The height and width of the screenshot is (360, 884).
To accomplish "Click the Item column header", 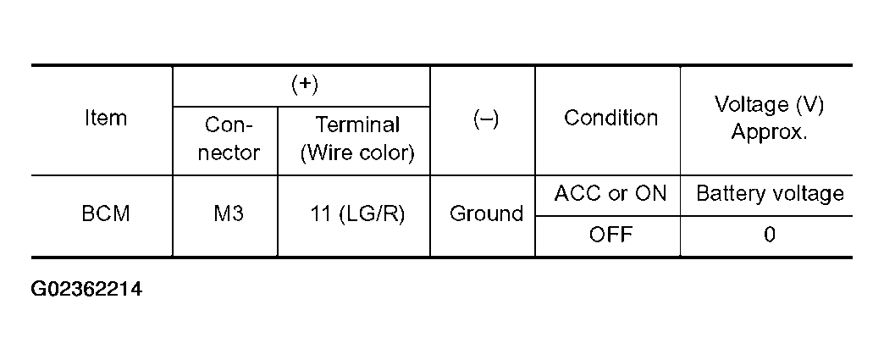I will [x=106, y=119].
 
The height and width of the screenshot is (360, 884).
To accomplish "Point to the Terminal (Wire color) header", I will [x=357, y=139].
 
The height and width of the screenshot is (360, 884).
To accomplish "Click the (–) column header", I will [x=484, y=119].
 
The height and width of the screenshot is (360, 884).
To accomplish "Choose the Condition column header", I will [x=611, y=118].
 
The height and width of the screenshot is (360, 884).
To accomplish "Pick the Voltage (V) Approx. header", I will [x=769, y=119].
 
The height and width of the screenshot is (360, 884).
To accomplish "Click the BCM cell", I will [x=106, y=214].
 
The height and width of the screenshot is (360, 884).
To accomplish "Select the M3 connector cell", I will [x=225, y=214].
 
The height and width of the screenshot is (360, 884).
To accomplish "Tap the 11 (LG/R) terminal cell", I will [x=358, y=214].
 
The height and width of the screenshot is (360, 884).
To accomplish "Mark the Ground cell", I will [x=485, y=214].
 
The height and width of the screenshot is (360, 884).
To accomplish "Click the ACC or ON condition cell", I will [x=611, y=194].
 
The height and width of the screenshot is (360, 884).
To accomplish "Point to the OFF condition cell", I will [x=611, y=235].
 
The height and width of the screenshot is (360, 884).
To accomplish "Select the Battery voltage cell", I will [x=769, y=194].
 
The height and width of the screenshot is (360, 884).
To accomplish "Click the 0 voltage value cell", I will [x=769, y=235].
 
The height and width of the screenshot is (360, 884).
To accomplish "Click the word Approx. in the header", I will [x=769, y=132].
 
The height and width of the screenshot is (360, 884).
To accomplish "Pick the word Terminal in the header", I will [x=357, y=125].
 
